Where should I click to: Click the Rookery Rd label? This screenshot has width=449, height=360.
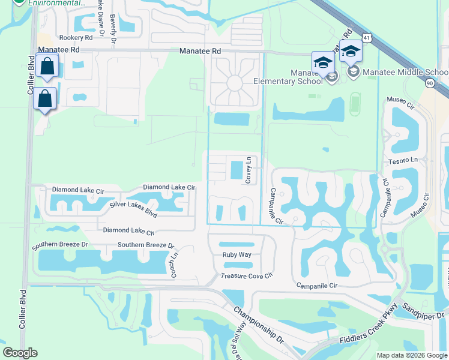pos(71,37)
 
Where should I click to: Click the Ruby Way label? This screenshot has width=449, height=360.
pos(237,254)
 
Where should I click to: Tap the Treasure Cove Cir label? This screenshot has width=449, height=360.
pos(247,275)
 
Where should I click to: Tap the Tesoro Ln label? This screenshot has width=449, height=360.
pos(403,161)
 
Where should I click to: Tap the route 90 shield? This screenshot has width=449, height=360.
pos(429,83)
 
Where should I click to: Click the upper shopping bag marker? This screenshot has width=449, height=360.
pos(47,65)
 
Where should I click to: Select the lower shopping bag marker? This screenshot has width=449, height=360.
pos(45,98)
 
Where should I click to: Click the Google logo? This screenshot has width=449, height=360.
pos(20,353)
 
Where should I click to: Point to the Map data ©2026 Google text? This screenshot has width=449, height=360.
pos(411,355)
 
